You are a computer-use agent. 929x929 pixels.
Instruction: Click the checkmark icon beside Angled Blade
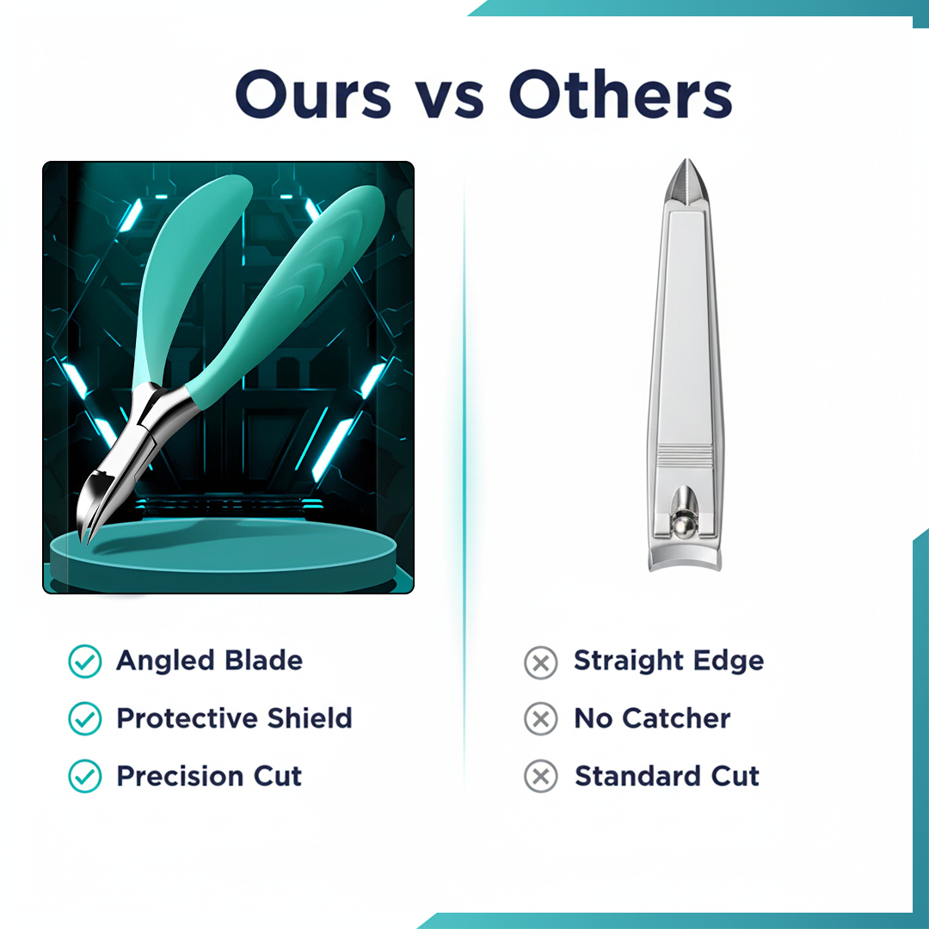[84, 661]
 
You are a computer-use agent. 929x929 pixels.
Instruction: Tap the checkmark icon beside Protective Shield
[84, 718]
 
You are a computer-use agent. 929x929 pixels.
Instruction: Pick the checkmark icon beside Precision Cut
[84, 777]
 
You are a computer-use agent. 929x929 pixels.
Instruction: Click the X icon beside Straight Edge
[540, 662]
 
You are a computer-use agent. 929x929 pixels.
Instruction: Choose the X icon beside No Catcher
[540, 719]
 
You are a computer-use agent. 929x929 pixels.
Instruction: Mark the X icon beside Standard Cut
[540, 777]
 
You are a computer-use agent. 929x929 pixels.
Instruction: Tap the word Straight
[626, 661]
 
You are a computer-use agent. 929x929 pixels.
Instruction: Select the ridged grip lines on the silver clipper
[684, 456]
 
